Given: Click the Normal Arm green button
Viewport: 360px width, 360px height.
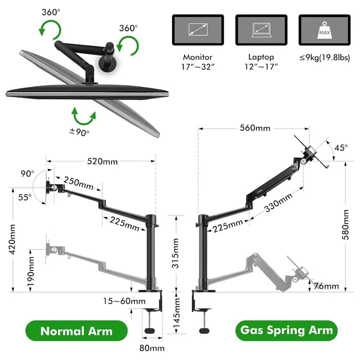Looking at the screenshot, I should (x=76, y=331).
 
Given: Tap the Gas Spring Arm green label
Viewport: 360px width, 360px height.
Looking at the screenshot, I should (x=286, y=330).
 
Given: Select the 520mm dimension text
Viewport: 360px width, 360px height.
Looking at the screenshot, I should (x=102, y=161).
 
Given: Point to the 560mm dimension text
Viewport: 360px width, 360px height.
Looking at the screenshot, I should (x=254, y=128).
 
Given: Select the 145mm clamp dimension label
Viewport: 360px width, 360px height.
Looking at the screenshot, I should (x=175, y=315).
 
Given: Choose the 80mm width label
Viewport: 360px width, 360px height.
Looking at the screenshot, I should (x=152, y=348).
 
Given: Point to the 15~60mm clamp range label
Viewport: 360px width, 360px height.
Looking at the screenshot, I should (x=123, y=301).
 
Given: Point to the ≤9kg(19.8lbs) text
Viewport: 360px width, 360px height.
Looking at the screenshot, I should (x=324, y=58).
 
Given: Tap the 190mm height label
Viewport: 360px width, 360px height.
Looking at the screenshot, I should (x=31, y=272).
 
